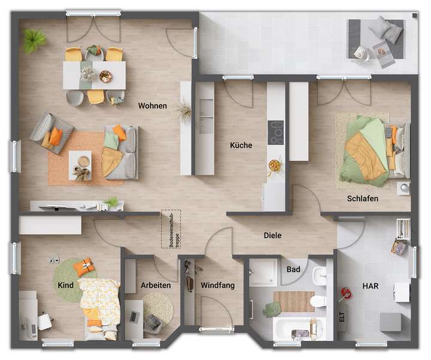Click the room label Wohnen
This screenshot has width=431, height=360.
pos(152,106)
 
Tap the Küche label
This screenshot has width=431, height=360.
pos(241,145)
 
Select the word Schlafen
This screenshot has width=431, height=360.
pos(362,198)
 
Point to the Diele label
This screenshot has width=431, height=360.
pos(272,235)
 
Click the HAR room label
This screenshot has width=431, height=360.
pos(371,286)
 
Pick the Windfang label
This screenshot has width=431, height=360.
pos(217,286)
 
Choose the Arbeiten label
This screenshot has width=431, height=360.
pos(156,286)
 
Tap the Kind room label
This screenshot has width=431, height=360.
pos(66,285)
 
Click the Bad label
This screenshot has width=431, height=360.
pos(293,270)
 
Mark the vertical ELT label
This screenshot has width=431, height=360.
pos(342,317)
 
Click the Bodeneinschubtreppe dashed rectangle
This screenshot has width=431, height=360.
pos(170,229)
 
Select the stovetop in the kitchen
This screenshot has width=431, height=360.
pos(277,133)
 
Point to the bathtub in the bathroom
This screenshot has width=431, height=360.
pos(298,329)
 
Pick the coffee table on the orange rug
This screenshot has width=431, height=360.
pos(80,162)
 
